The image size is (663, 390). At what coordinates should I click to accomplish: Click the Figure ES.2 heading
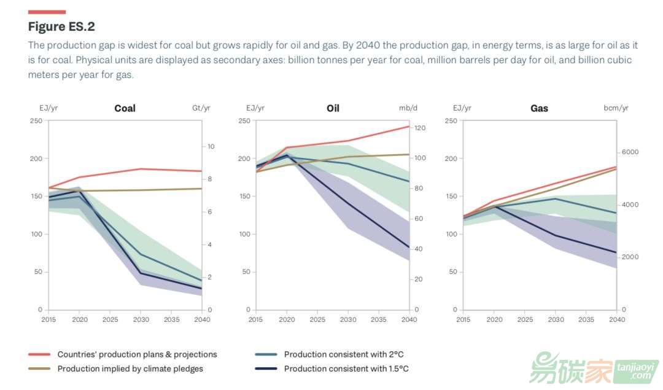click(x=61, y=26)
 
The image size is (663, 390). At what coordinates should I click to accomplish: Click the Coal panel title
click(x=125, y=108)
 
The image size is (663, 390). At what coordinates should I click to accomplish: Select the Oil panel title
click(x=333, y=108)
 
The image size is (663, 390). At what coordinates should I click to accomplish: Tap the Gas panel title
click(x=539, y=108)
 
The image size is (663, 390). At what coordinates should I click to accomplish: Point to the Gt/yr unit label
click(x=201, y=108)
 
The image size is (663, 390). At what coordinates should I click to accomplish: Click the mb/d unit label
click(x=408, y=108)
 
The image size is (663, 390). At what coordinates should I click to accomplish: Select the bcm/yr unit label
click(x=616, y=108)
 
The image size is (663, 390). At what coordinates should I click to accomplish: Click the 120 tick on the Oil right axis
click(x=420, y=128)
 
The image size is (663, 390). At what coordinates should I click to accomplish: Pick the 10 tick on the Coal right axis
click(x=211, y=146)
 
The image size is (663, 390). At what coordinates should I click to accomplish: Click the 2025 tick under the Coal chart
click(x=110, y=319)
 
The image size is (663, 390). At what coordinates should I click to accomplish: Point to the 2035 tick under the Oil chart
click(x=379, y=319)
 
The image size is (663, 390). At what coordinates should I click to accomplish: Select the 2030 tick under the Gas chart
click(x=556, y=319)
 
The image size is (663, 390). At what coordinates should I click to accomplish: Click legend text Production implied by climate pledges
click(x=130, y=369)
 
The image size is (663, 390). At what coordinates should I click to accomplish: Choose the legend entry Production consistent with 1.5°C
click(x=346, y=369)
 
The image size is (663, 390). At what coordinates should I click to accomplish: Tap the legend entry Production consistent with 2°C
click(x=343, y=354)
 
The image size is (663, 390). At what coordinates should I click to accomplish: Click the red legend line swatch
click(x=39, y=354)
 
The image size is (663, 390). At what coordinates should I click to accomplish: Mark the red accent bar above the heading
click(x=47, y=12)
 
